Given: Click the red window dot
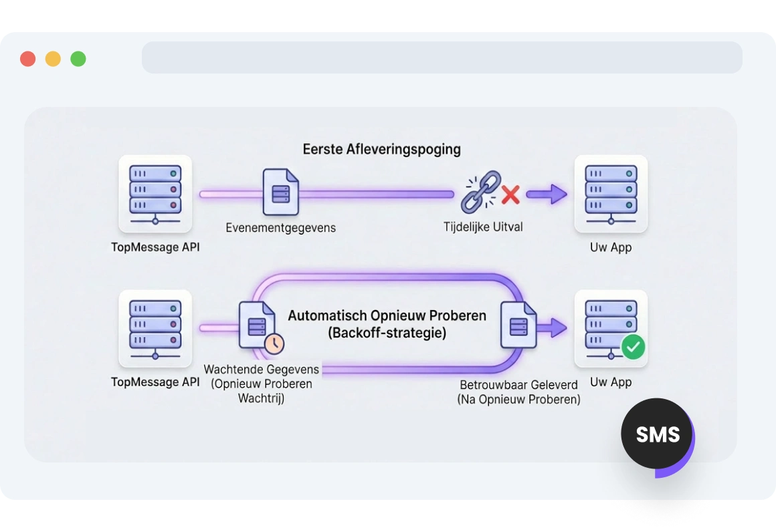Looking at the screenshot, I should (x=27, y=59).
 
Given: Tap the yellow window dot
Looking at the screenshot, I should (x=53, y=59).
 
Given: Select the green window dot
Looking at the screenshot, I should (x=78, y=59).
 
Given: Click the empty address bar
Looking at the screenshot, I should (x=442, y=57).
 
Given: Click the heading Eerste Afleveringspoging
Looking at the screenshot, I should (x=381, y=149).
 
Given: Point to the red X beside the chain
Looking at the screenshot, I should (x=511, y=194).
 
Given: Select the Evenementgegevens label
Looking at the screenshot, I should (x=280, y=228).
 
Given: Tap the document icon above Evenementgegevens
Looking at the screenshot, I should (x=280, y=192).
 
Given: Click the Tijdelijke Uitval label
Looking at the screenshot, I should (x=483, y=227).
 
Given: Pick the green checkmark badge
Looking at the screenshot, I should (x=633, y=346).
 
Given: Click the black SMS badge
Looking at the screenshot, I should (x=658, y=434).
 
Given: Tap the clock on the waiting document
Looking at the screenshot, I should (x=274, y=344).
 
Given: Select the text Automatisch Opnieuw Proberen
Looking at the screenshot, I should (x=387, y=315).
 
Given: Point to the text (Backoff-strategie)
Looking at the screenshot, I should (x=387, y=332).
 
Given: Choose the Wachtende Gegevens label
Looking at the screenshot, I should (x=262, y=370).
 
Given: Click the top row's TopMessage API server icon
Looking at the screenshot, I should (x=155, y=193).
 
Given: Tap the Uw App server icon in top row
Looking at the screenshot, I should (x=611, y=193).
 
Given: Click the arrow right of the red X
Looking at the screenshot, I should (x=546, y=194).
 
